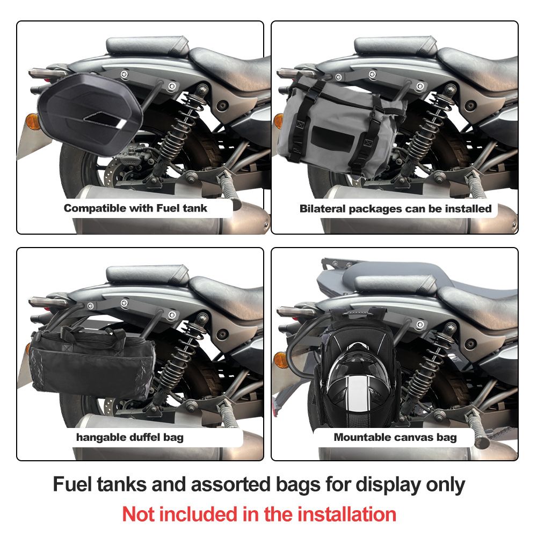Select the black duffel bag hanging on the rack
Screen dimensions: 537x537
tap(92, 363)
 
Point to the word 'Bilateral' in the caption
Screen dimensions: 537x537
tap(322, 208)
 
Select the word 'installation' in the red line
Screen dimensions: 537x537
tap(346, 514)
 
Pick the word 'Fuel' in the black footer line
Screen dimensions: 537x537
tap(72, 484)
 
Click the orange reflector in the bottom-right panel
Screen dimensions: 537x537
tap(281, 360)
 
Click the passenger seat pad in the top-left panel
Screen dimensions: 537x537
tap(147, 46)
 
